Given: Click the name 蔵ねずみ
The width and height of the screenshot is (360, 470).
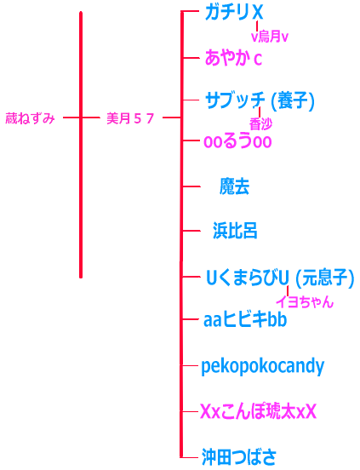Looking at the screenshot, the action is pyautogui.click(x=31, y=118).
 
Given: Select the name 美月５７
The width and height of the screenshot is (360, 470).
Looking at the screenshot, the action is pyautogui.click(x=130, y=118).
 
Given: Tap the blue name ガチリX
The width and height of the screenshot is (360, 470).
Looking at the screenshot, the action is pyautogui.click(x=234, y=13).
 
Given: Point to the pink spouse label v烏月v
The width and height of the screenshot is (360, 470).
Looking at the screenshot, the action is pyautogui.click(x=270, y=37).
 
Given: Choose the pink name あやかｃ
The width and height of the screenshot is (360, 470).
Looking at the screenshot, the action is pyautogui.click(x=233, y=58).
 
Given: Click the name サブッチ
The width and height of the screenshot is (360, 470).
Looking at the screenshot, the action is pyautogui.click(x=235, y=100).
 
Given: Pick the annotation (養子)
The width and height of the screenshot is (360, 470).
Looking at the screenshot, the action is pyautogui.click(x=293, y=100).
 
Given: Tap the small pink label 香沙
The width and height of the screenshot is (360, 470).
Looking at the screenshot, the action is pyautogui.click(x=261, y=123).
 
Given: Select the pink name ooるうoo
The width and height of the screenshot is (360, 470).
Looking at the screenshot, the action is pyautogui.click(x=237, y=141).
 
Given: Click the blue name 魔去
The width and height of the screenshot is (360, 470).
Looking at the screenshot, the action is pyautogui.click(x=235, y=186).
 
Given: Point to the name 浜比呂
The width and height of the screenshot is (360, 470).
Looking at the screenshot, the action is pyautogui.click(x=235, y=231).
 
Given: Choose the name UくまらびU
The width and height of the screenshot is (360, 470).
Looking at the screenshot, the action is pyautogui.click(x=248, y=278).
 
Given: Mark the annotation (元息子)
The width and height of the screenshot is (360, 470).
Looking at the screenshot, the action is pyautogui.click(x=324, y=278).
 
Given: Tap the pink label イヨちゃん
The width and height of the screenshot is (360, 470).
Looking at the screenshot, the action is pyautogui.click(x=305, y=301).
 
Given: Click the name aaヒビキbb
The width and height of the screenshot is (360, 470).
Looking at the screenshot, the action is pyautogui.click(x=245, y=319).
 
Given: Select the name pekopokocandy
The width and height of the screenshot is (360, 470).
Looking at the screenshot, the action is pyautogui.click(x=263, y=366).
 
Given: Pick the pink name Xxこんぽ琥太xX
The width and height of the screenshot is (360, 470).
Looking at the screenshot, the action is pyautogui.click(x=258, y=411).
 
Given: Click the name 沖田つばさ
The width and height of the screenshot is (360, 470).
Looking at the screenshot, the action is pyautogui.click(x=238, y=457).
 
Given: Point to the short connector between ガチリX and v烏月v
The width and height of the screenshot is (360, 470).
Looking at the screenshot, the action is pyautogui.click(x=257, y=26).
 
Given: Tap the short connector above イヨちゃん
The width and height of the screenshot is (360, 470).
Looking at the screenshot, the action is pyautogui.click(x=288, y=291).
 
